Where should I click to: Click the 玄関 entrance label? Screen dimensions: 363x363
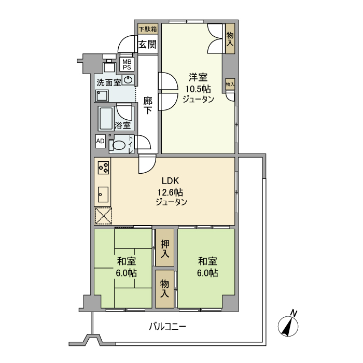point(147,44)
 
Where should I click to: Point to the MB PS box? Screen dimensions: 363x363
point(127,64)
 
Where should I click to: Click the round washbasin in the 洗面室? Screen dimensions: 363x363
point(128,80)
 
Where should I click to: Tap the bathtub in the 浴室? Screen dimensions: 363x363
point(107,118)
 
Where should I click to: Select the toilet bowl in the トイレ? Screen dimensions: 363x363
point(119,145)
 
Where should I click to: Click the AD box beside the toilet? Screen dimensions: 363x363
point(100,141)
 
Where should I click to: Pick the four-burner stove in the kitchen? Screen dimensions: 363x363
point(103,168)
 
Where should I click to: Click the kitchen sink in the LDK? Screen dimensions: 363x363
point(103,193)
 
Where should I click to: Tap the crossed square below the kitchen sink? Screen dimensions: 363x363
point(103,216)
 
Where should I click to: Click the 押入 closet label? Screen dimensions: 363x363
point(164,248)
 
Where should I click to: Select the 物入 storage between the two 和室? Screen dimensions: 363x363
point(164,288)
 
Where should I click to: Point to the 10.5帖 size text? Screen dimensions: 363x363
point(198,89)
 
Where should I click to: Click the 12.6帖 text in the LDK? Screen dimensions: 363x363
point(170,192)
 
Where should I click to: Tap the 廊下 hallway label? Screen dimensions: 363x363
point(148,105)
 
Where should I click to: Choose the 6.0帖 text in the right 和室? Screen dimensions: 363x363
point(206,273)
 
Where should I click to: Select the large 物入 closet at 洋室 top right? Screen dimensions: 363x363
point(230,38)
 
